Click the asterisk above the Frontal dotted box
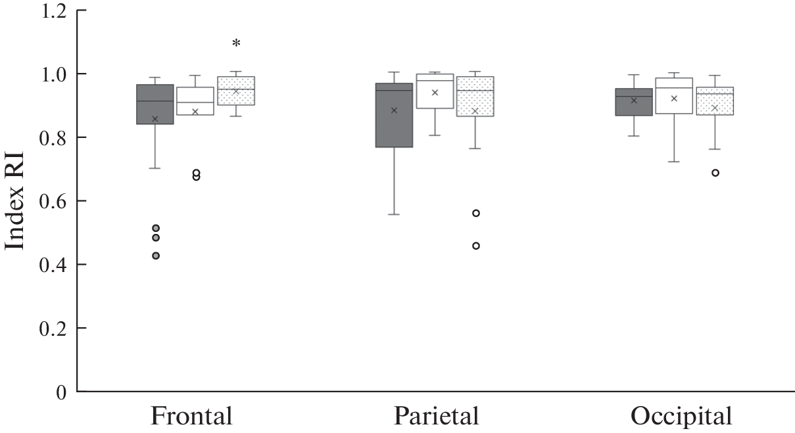(x=236, y=43)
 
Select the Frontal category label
(x=191, y=416)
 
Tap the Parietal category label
(x=436, y=416)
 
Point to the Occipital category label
(x=681, y=417)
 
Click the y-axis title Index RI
(x=14, y=201)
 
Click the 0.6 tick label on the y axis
(x=53, y=201)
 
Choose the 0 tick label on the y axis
(x=61, y=392)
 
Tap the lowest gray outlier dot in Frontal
(x=156, y=256)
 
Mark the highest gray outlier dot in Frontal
(x=156, y=228)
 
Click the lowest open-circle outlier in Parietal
(x=476, y=246)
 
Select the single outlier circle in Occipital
(x=715, y=173)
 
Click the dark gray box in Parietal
(x=394, y=115)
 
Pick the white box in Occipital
(x=674, y=96)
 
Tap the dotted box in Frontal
(x=236, y=91)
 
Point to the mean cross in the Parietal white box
(x=435, y=93)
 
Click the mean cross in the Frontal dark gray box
(x=155, y=119)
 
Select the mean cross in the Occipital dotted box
(x=715, y=108)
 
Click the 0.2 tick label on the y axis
(x=53, y=329)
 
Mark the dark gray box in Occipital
(x=634, y=102)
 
